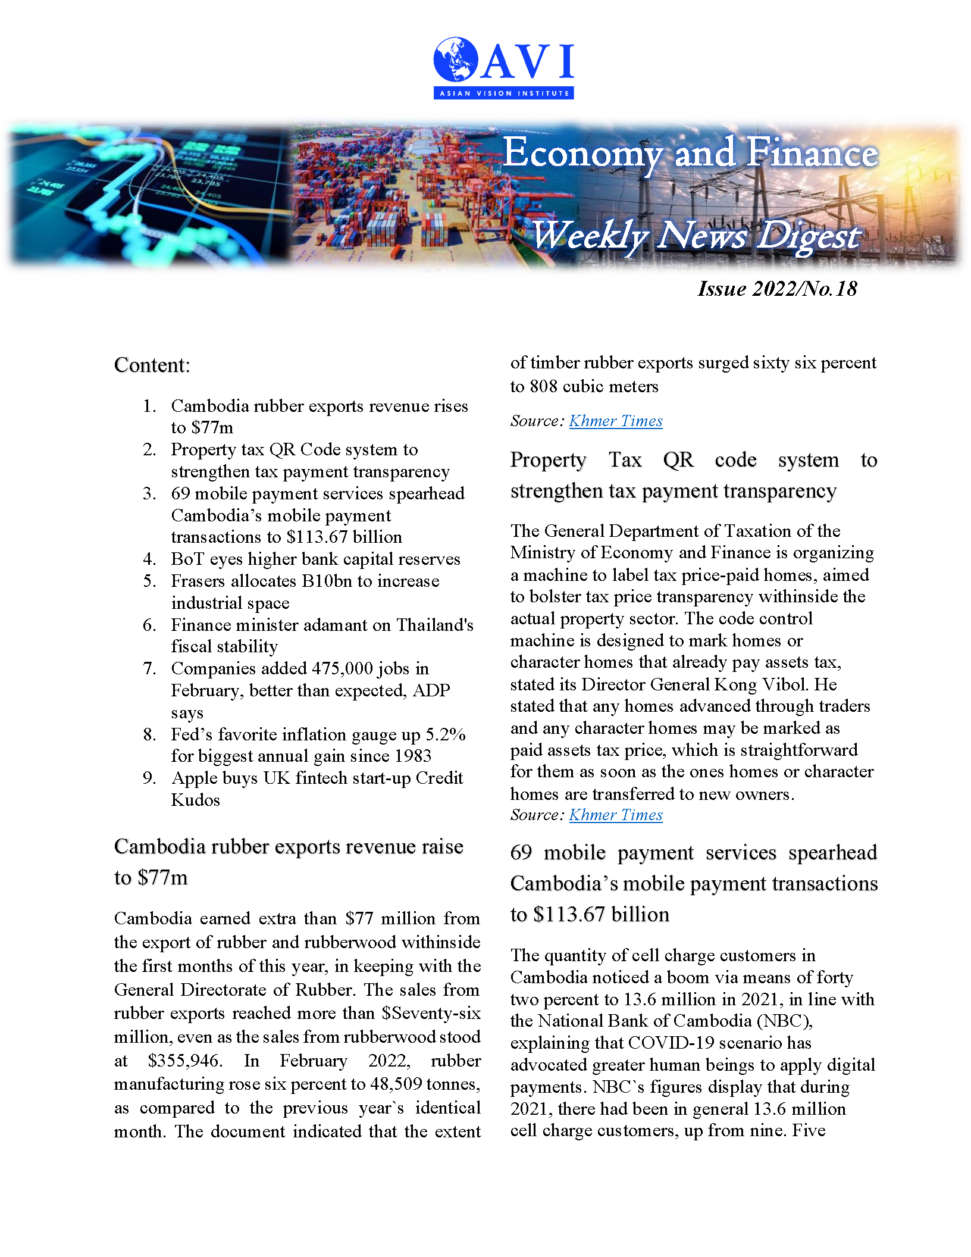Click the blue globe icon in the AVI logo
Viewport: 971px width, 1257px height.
[456, 60]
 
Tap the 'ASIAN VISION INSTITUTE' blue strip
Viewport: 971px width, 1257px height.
[503, 93]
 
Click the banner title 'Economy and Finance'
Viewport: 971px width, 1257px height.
[690, 153]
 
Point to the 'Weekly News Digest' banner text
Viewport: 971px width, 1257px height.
[695, 236]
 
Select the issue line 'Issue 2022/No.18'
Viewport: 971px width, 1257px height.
[777, 289]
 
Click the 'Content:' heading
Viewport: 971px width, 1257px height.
[152, 365]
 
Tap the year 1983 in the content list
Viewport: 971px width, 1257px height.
[411, 756]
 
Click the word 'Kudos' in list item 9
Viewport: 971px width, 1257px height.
[196, 800]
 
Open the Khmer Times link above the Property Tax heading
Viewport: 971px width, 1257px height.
[616, 421]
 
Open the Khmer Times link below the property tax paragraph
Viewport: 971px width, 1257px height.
[616, 815]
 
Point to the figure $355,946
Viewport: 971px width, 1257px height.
[184, 1061]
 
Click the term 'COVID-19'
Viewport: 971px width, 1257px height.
[666, 1043]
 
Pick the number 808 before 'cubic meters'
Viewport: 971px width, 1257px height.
[544, 386]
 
